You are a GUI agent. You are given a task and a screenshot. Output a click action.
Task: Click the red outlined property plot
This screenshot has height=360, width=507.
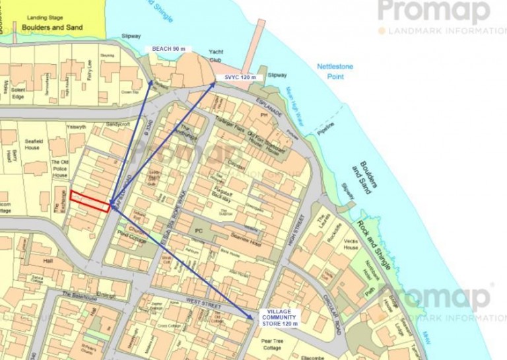[x=90, y=201]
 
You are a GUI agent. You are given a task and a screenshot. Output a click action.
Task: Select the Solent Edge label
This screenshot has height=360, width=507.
[x=18, y=94]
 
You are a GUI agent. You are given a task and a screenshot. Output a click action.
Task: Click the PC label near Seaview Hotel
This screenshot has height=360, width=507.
[x=199, y=231]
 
